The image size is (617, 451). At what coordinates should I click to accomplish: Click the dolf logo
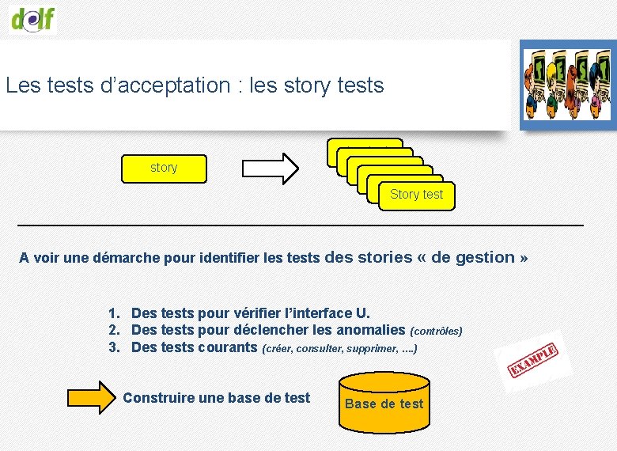coord(34,18)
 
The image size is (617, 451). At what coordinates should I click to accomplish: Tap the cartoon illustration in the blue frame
coord(567,85)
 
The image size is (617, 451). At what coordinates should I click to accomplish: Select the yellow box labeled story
coord(164,168)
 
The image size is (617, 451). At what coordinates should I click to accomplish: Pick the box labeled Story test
coord(416,195)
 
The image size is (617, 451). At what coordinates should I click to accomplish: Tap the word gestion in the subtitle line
coord(485,257)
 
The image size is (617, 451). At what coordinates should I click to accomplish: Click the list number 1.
coord(114,313)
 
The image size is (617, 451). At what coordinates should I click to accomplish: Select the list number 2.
coord(114,330)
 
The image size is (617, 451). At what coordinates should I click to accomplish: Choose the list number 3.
coord(114,347)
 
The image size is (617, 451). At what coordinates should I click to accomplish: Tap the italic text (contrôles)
coord(436,331)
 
